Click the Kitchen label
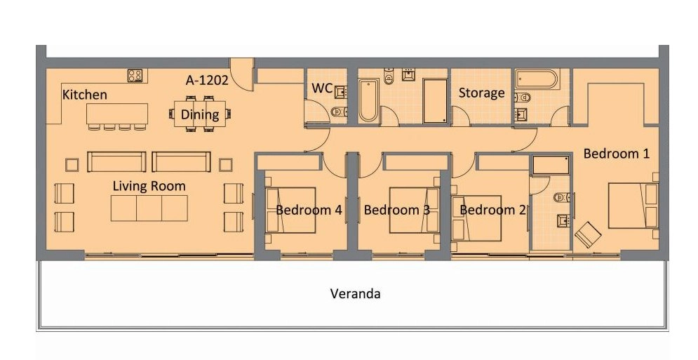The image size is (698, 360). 85,95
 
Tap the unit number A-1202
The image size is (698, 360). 207,80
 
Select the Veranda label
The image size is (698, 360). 355,293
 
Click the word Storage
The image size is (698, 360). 482,93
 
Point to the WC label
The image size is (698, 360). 322,88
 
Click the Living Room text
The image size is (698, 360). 149,186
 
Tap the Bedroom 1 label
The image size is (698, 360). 617,154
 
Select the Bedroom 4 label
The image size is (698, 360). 309,210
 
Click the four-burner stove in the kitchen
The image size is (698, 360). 135,75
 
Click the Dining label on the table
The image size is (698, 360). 200,114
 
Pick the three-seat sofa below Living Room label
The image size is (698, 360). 149,208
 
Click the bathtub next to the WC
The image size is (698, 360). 368,100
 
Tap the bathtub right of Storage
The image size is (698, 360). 536,80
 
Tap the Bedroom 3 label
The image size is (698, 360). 397,210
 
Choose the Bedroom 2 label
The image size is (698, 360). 492,210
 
